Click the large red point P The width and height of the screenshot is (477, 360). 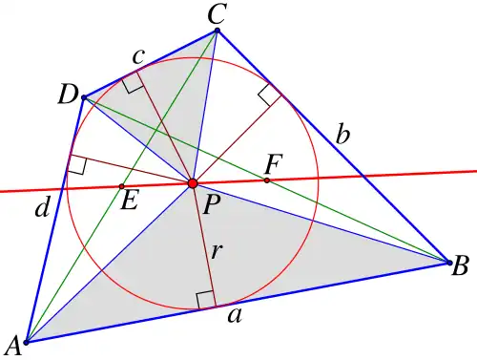(x=193, y=183)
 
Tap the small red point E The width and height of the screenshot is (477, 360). (x=121, y=186)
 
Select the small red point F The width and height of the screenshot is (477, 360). (x=267, y=180)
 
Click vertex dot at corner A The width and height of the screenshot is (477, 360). (x=27, y=343)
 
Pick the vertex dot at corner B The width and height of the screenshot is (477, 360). (x=449, y=263)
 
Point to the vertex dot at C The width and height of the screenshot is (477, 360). (x=218, y=31)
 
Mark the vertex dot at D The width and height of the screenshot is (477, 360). (x=84, y=97)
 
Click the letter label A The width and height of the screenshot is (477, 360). (x=12, y=346)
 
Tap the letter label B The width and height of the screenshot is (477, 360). (x=460, y=265)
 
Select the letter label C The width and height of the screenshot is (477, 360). (x=217, y=14)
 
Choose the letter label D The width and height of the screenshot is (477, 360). (x=68, y=95)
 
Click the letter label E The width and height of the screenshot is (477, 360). (x=130, y=201)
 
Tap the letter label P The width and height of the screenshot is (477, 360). (x=211, y=204)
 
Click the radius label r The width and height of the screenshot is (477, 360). (x=216, y=251)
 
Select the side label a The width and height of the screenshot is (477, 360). (x=235, y=316)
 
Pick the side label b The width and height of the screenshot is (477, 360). (x=343, y=135)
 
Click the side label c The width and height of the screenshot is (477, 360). (x=139, y=56)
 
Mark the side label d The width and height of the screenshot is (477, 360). (x=43, y=208)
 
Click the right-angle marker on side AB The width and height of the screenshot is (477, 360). (x=205, y=300)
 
